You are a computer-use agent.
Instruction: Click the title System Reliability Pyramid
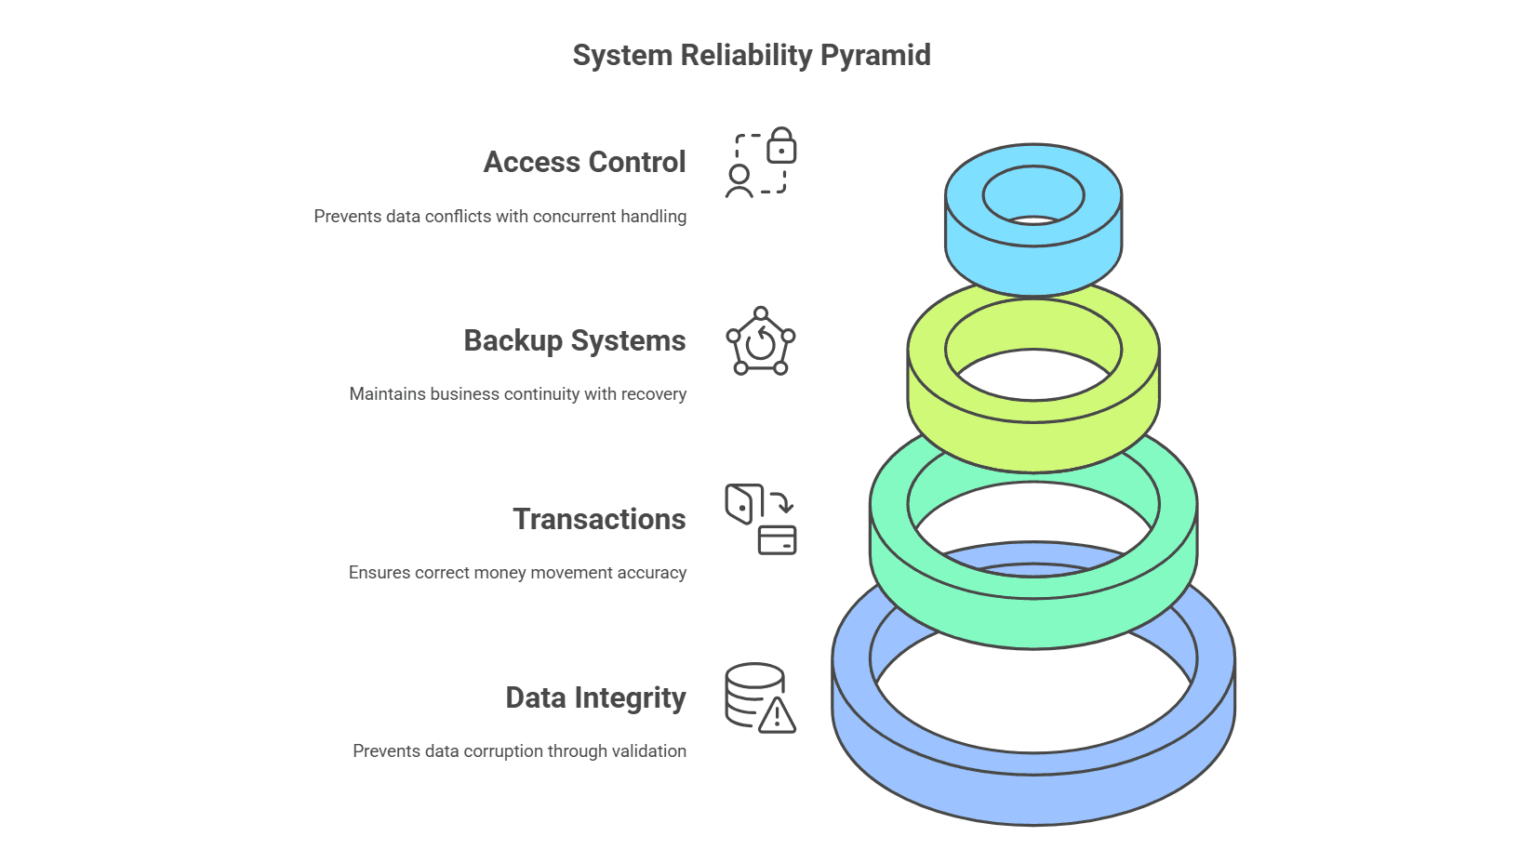(x=752, y=56)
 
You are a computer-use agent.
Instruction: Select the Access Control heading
(x=584, y=163)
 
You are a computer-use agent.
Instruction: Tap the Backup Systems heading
(x=574, y=341)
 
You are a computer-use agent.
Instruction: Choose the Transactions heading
(x=599, y=520)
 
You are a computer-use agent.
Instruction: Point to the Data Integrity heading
(x=595, y=698)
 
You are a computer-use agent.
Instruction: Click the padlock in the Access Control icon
(x=781, y=147)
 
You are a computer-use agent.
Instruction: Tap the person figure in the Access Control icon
(x=739, y=181)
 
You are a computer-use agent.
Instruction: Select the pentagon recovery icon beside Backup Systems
(x=761, y=342)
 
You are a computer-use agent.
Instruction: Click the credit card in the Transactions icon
(x=778, y=540)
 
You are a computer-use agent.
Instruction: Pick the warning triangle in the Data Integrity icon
(x=777, y=716)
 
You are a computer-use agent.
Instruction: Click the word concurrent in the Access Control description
(x=575, y=217)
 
